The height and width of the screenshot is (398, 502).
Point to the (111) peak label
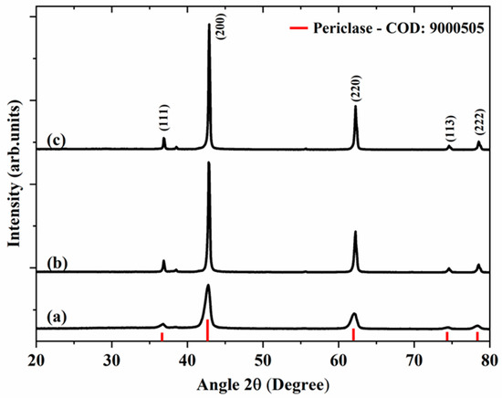coord(164,119)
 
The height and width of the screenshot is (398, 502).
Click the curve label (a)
coord(56,317)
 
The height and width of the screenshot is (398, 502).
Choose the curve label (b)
coord(57,264)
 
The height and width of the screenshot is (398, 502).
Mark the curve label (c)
coord(56,141)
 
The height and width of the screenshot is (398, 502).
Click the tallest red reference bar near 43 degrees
coord(208,330)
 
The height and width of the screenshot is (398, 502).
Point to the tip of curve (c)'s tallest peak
coord(209,25)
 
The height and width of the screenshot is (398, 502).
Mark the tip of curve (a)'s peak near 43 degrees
coord(208,286)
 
